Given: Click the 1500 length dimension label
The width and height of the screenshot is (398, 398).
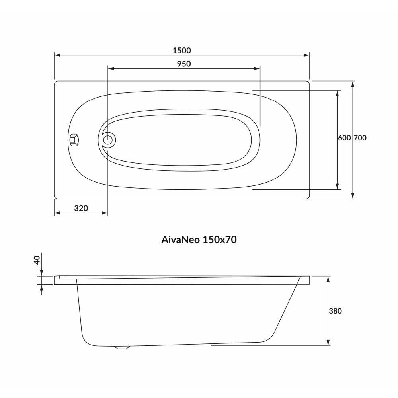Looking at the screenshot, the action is pos(182,51).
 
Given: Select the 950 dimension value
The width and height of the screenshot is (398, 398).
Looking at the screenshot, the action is pos(184,64).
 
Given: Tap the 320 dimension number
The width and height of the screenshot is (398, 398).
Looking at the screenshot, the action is pos(81,208).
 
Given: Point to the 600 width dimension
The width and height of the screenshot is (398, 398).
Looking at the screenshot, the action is pos(344,138).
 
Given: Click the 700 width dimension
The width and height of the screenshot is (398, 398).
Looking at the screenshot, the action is pos(360,138).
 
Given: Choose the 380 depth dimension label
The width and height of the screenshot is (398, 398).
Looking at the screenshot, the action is pos(335,311).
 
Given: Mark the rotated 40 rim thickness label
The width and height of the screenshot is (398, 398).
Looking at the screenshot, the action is pos(37,260).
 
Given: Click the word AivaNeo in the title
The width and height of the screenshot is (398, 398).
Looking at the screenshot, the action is pos(180,240).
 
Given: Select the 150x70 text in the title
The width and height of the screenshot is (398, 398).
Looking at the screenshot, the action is pos(220,240).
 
